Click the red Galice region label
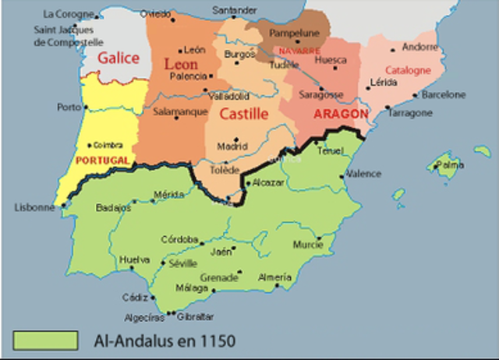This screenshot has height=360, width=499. click(x=119, y=58)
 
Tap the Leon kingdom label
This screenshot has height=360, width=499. click(x=182, y=65)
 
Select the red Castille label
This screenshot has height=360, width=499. click(x=243, y=114)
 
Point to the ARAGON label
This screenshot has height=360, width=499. click(x=340, y=114)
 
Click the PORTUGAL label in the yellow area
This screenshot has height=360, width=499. click(x=103, y=159)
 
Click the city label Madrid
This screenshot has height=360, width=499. click(x=232, y=146)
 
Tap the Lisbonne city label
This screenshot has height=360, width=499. click(x=34, y=207)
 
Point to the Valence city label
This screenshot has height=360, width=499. click(x=363, y=173)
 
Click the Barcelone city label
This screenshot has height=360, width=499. click(x=443, y=95)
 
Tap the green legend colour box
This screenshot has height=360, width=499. click(x=46, y=341)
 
